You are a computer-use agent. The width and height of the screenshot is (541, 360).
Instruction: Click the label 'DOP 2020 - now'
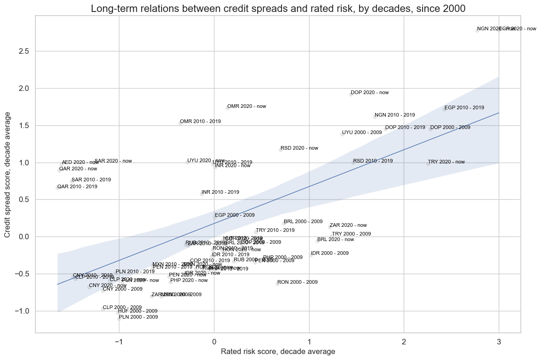click(x=370, y=93)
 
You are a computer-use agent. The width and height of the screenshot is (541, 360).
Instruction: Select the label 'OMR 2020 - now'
click(x=247, y=107)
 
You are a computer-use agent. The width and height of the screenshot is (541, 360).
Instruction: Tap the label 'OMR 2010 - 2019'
click(x=200, y=122)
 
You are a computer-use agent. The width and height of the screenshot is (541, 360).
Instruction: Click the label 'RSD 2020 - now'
click(x=299, y=148)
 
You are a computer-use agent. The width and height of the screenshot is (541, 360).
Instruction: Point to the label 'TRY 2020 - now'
click(x=446, y=162)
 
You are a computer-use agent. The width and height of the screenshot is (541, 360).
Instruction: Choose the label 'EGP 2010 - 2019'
click(x=464, y=108)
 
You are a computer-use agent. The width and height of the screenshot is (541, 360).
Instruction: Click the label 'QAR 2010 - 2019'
click(x=77, y=187)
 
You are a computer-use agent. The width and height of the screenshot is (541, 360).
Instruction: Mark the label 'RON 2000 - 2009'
click(x=297, y=282)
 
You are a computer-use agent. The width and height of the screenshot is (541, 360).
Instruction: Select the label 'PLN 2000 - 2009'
click(x=138, y=317)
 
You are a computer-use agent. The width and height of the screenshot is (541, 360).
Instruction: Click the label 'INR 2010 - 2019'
click(x=220, y=192)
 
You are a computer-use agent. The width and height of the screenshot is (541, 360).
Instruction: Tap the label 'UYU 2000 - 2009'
click(x=362, y=133)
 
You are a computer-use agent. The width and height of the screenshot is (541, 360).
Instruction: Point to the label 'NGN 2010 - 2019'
click(x=394, y=115)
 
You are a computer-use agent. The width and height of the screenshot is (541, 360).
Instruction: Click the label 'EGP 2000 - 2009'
click(x=235, y=215)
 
